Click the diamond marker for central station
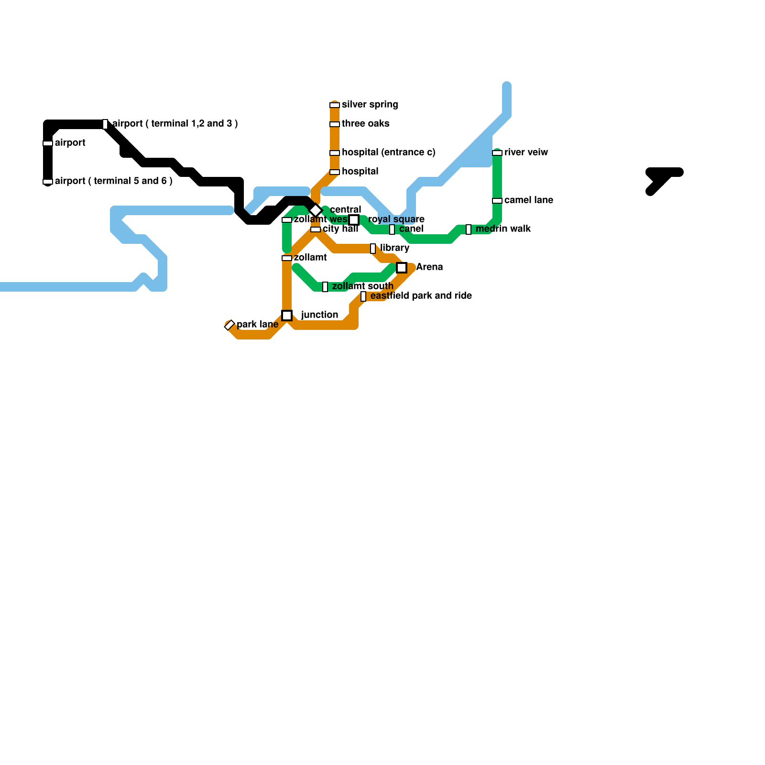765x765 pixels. [316, 210]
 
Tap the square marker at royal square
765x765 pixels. [354, 220]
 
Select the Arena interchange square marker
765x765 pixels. [402, 268]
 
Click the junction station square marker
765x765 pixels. [287, 316]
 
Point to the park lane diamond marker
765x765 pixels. [229, 325]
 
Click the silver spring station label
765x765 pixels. [370, 105]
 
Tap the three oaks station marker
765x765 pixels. [335, 124]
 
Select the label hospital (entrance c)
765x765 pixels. [388, 153]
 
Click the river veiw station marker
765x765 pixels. [497, 153]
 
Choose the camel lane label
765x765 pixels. [528, 200]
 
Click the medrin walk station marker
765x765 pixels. [469, 229]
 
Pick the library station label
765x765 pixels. [394, 248]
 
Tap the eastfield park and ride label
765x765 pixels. [421, 296]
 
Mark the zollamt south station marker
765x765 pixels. [325, 287]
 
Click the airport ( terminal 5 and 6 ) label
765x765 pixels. [113, 181]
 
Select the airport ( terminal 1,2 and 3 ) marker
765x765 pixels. [105, 124]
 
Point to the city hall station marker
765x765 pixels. [316, 229]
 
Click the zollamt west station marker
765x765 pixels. [287, 220]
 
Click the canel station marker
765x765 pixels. [392, 229]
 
